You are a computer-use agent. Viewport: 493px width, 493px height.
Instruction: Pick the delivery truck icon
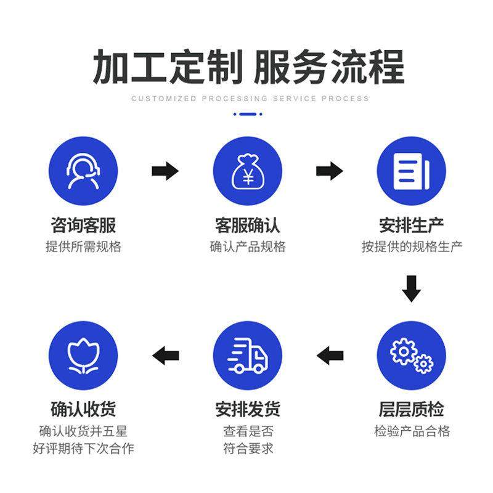point(247,356)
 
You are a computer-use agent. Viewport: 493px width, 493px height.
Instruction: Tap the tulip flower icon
point(83,356)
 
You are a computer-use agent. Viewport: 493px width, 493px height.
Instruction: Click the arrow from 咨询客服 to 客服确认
point(165,171)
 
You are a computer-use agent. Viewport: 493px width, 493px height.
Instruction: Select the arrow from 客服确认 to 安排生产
point(329,171)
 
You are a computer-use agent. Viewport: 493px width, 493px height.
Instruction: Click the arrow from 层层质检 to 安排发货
point(330,355)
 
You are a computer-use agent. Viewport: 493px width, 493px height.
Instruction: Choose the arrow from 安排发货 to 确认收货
point(165,355)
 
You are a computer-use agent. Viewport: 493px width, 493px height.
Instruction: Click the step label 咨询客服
point(83,224)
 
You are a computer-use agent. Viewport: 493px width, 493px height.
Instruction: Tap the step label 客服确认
point(247,224)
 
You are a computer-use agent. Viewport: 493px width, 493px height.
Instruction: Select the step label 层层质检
point(411,409)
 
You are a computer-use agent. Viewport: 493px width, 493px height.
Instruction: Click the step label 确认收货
point(83,409)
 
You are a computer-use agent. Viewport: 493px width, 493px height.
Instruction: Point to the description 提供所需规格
point(83,246)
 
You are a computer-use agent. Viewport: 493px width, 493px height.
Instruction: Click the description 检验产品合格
point(411,431)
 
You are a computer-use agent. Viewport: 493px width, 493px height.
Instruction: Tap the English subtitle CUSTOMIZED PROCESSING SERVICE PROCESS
point(250,99)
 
